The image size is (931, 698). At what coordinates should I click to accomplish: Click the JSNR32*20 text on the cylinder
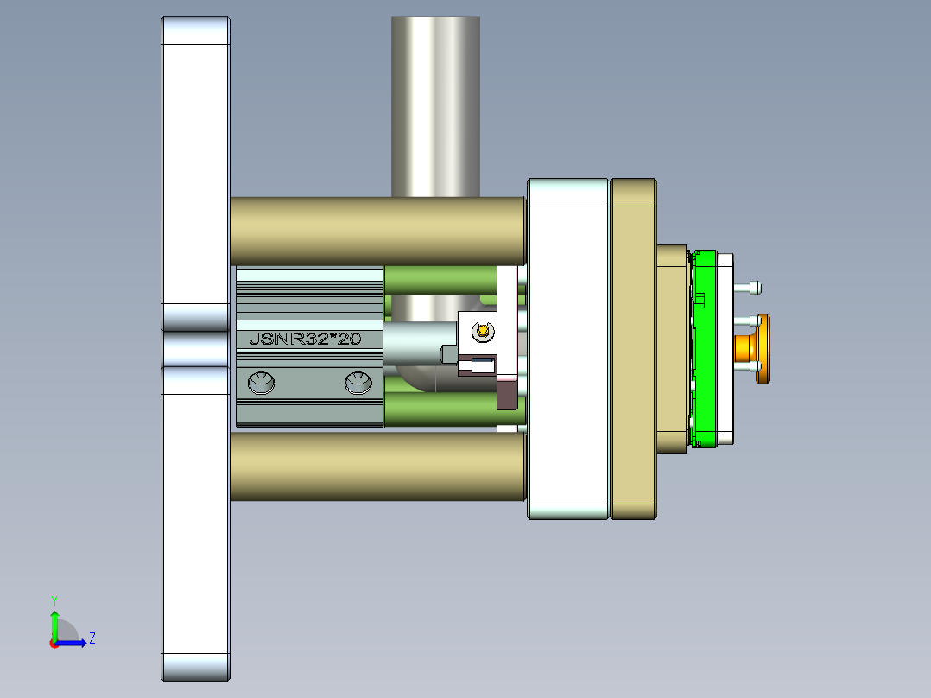pyautogui.click(x=304, y=339)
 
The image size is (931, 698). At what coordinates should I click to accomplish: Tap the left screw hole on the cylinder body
pyautogui.click(x=260, y=382)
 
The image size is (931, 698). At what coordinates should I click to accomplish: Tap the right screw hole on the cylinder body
pyautogui.click(x=358, y=382)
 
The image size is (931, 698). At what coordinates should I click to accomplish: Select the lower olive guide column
pyautogui.click(x=377, y=466)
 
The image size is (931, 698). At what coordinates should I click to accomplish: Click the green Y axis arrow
pyautogui.click(x=54, y=622)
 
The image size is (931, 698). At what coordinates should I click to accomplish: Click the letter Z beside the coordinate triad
pyautogui.click(x=92, y=639)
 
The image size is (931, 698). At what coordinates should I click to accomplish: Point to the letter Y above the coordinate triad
pyautogui.click(x=54, y=600)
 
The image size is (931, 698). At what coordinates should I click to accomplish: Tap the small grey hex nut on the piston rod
pyautogui.click(x=447, y=353)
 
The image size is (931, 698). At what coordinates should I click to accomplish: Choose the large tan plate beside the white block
pyautogui.click(x=633, y=349)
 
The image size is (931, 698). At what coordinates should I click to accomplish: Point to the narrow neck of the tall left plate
pyautogui.click(x=195, y=349)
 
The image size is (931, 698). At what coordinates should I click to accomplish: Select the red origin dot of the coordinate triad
pyautogui.click(x=54, y=643)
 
